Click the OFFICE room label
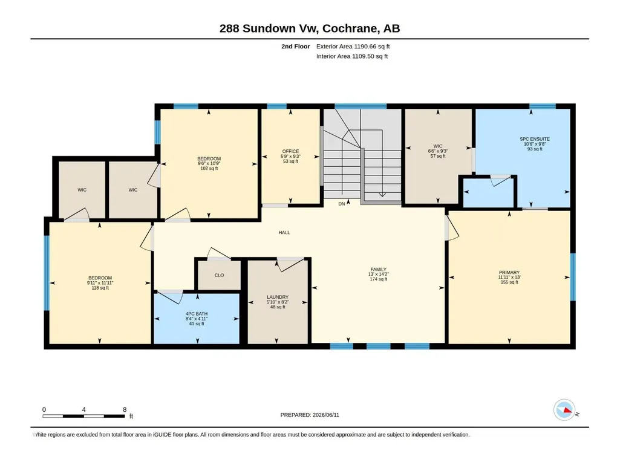[x=290, y=151]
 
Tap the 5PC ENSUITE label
[x=535, y=139]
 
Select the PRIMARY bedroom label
[x=509, y=273]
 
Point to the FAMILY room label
[x=379, y=269]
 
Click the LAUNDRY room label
[x=278, y=297]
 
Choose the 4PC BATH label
[x=197, y=314]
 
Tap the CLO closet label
[x=219, y=275]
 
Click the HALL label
[x=284, y=232]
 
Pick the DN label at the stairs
[x=342, y=204]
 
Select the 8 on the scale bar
[x=125, y=409]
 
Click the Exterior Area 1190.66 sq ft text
[x=353, y=47]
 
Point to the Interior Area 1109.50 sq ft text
[x=352, y=56]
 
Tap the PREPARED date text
[x=310, y=415]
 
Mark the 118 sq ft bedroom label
[x=100, y=288]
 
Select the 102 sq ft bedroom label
[x=209, y=169]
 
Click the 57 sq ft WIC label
[x=438, y=156]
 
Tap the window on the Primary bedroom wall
[x=573, y=277]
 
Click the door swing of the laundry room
[x=290, y=264]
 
